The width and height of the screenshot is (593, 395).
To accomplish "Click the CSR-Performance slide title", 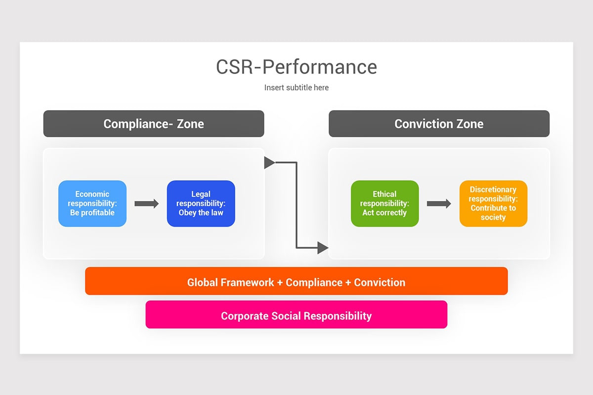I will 296,67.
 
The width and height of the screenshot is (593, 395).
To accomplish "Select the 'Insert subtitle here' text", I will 296,87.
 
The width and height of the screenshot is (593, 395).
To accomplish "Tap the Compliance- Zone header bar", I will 154,123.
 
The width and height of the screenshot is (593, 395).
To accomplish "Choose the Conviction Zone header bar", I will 439,123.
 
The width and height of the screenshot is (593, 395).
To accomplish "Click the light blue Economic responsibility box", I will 92,203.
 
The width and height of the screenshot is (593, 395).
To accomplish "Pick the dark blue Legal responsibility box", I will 201,203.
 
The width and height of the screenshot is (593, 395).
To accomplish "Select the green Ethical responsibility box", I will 384,203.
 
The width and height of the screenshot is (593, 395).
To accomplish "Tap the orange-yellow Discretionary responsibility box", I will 493,203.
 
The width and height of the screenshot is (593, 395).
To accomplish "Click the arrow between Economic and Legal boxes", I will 146,203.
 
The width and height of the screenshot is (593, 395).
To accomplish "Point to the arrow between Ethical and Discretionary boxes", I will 439,203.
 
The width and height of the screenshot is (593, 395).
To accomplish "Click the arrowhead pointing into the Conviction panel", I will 323,248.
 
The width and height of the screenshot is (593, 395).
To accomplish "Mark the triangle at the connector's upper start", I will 269,162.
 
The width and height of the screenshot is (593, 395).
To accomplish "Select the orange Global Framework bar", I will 296,281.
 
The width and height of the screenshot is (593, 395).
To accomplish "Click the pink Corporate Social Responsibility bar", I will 296,315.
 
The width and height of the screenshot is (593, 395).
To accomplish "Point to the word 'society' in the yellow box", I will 493,217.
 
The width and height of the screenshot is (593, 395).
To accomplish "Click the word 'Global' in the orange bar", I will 203,282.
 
